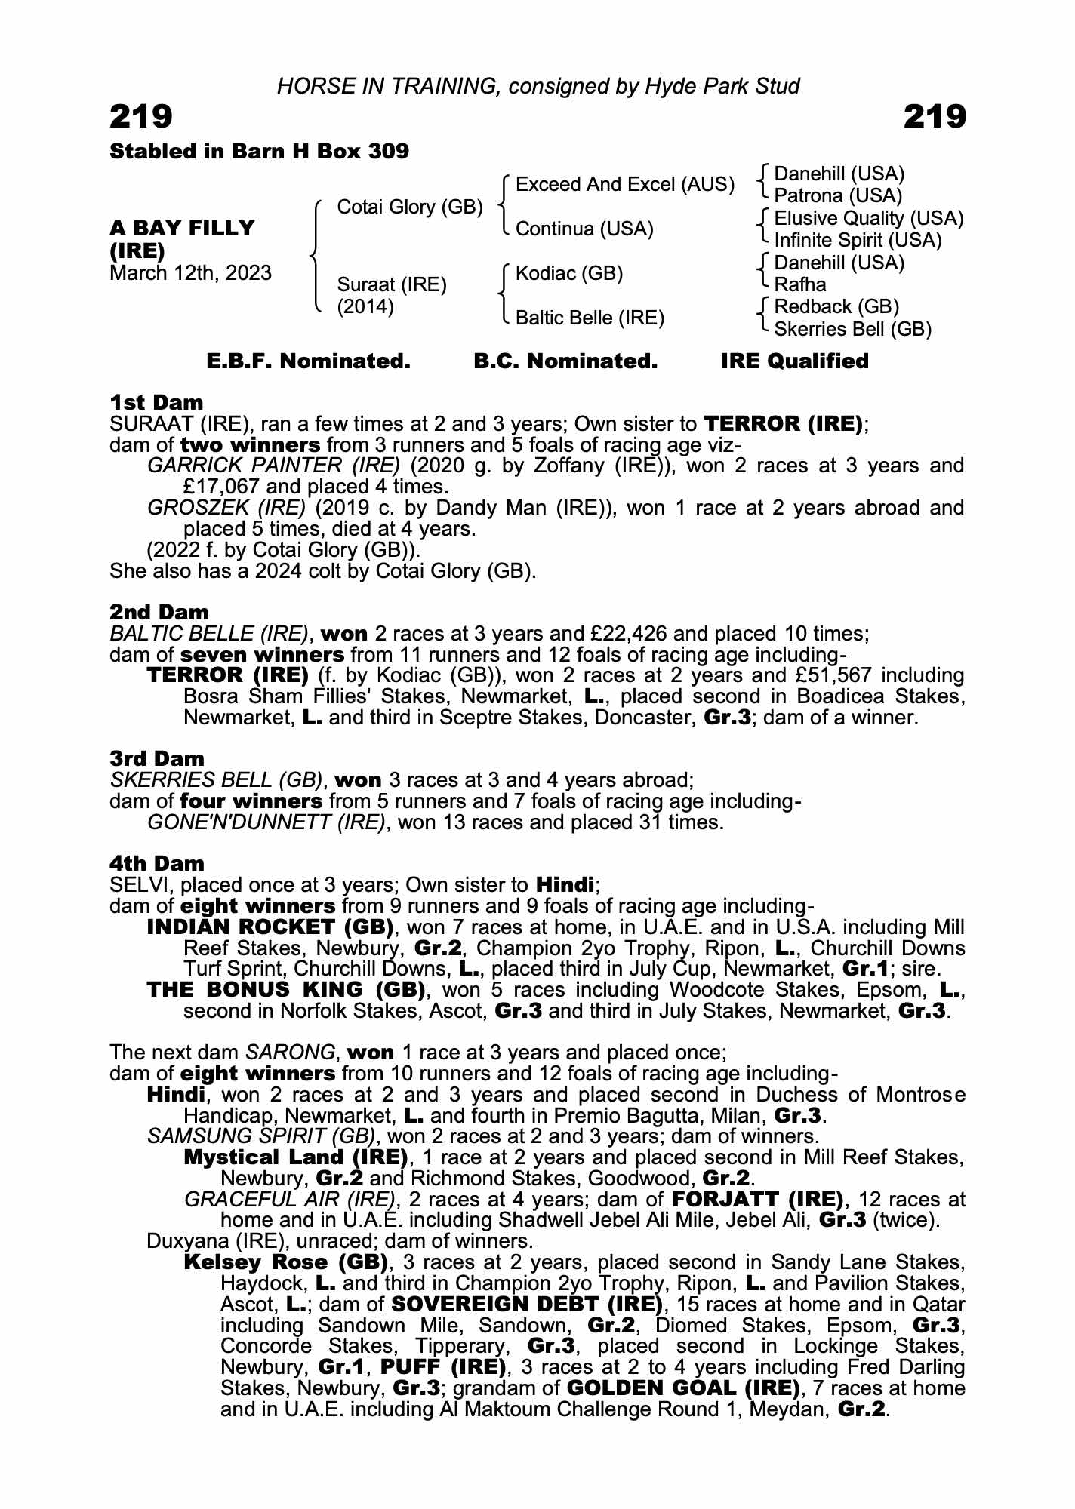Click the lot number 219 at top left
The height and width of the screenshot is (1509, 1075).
coord(141,117)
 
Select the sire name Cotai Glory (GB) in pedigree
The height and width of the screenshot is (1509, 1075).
coord(409,207)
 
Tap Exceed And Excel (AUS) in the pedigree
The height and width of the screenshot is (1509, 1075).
coord(624,185)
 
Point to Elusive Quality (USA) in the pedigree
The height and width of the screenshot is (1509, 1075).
coord(868,218)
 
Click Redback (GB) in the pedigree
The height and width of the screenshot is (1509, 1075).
coord(836,306)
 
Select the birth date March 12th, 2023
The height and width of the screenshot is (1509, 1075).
coord(190,273)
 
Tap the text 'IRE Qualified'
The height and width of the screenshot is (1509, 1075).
coord(794,361)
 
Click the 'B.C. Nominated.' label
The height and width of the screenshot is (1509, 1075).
coord(565,361)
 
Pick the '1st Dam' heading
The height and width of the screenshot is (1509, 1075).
coord(156,402)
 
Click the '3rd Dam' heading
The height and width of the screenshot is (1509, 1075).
coord(157,758)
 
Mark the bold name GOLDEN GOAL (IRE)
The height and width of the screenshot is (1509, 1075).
coord(682,1388)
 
